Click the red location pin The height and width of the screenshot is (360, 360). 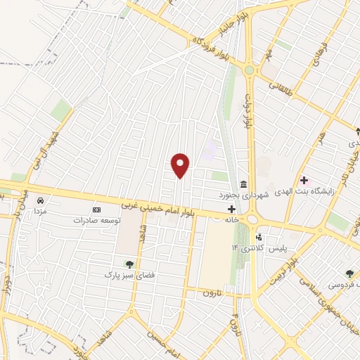coord(181,165)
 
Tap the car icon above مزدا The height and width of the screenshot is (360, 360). coord(40,201)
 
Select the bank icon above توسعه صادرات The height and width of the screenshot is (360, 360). coord(97,210)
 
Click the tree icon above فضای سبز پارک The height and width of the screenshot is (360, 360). coord(129,264)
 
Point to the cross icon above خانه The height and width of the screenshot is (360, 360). coord(232,209)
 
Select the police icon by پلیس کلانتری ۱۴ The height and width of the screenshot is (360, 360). coord(259,238)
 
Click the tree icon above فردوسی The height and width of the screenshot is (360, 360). coord(349,274)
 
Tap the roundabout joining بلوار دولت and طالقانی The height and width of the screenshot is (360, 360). coord(249,70)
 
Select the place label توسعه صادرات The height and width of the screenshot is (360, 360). coord(97,220)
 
